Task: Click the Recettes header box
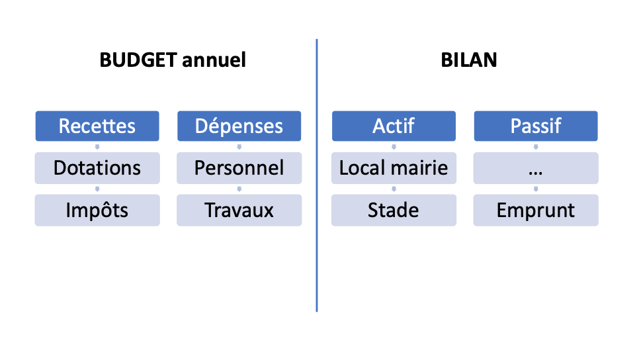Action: (x=97, y=126)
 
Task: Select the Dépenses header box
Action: (x=239, y=126)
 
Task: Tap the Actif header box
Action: (x=394, y=126)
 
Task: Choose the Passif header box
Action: (x=536, y=126)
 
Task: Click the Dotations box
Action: (x=97, y=168)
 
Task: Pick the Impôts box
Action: (x=97, y=210)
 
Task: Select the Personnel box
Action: (x=239, y=168)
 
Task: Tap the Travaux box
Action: (x=239, y=210)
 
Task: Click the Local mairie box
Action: (x=394, y=168)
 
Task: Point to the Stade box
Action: (x=394, y=210)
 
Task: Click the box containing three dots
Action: (x=536, y=168)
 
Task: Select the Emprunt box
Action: (x=536, y=210)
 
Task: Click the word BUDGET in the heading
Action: (x=138, y=60)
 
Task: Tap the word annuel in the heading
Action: (x=214, y=60)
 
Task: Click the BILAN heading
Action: (x=469, y=60)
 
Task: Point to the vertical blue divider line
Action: (x=317, y=175)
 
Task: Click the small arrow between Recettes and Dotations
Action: (x=97, y=147)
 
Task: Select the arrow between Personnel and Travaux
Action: (x=239, y=189)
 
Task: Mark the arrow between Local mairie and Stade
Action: (x=394, y=189)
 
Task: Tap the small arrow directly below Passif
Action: (x=536, y=147)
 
